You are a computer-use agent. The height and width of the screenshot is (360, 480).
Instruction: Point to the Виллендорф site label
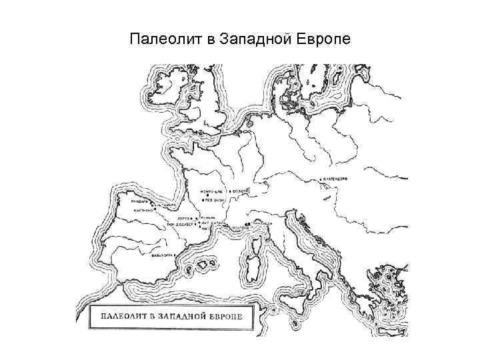[x=337, y=179]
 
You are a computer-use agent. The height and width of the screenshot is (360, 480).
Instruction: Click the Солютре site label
[x=242, y=191]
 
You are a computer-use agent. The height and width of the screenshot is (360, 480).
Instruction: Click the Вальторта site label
[x=163, y=255]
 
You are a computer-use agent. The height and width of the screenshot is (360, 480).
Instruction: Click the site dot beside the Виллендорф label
[x=321, y=179]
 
